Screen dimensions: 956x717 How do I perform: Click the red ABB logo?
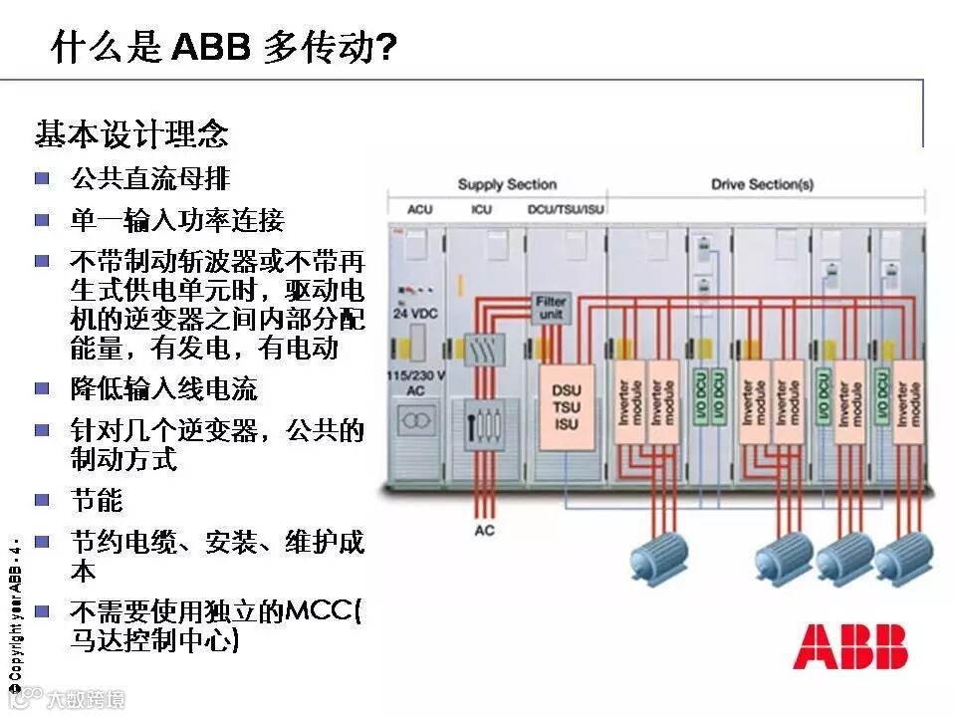click(x=849, y=647)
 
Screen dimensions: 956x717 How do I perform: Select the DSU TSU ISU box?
click(x=566, y=408)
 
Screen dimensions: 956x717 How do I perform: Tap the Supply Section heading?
click(x=507, y=184)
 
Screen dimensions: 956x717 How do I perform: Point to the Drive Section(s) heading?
click(x=762, y=184)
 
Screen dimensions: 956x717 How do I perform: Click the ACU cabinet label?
click(x=420, y=210)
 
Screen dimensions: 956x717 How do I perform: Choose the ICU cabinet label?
click(x=482, y=210)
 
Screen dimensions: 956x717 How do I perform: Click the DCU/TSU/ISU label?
click(x=566, y=210)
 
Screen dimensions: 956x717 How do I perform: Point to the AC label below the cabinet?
click(x=484, y=530)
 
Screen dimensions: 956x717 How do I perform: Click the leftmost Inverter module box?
click(x=627, y=406)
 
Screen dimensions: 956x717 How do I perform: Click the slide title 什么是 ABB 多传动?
click(x=224, y=48)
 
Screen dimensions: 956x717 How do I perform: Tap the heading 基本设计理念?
click(x=131, y=133)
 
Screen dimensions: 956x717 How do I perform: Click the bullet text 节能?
click(x=96, y=499)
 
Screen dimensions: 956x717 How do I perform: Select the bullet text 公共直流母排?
click(x=149, y=179)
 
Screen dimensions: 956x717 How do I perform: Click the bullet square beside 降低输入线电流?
click(x=42, y=387)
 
